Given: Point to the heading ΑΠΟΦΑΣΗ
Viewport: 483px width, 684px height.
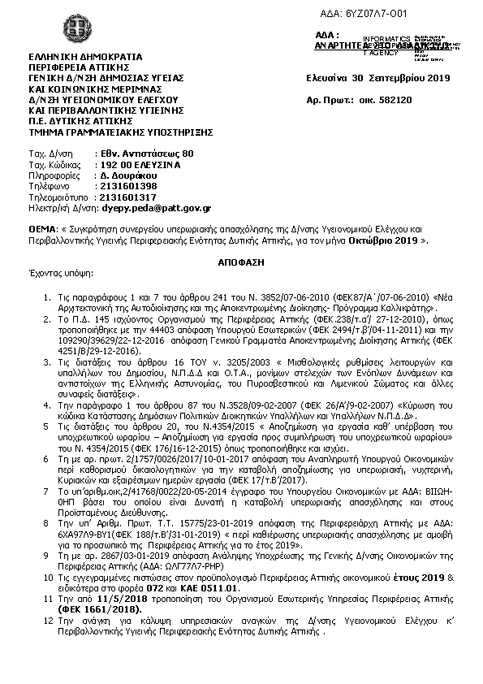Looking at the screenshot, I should [242, 264].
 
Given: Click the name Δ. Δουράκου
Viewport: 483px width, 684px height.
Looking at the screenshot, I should [127, 175].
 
